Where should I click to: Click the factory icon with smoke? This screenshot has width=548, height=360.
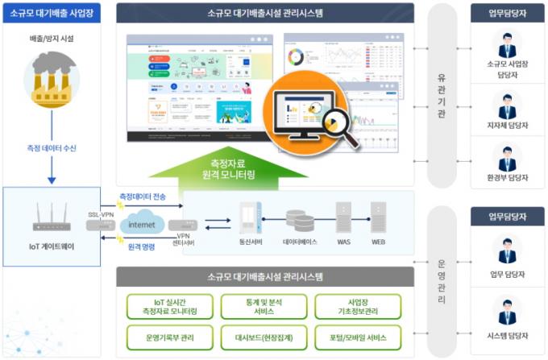[52, 77]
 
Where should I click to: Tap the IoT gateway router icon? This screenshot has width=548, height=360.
[52, 217]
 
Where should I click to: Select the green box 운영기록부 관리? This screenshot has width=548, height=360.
[171, 336]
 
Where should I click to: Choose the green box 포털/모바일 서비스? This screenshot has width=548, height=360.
[358, 336]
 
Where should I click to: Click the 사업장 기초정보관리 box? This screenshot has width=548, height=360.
[358, 306]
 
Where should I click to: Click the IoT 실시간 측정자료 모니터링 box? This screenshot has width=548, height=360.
[171, 306]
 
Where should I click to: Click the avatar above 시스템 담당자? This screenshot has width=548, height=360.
[507, 312]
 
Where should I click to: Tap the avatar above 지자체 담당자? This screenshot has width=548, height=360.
[507, 106]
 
